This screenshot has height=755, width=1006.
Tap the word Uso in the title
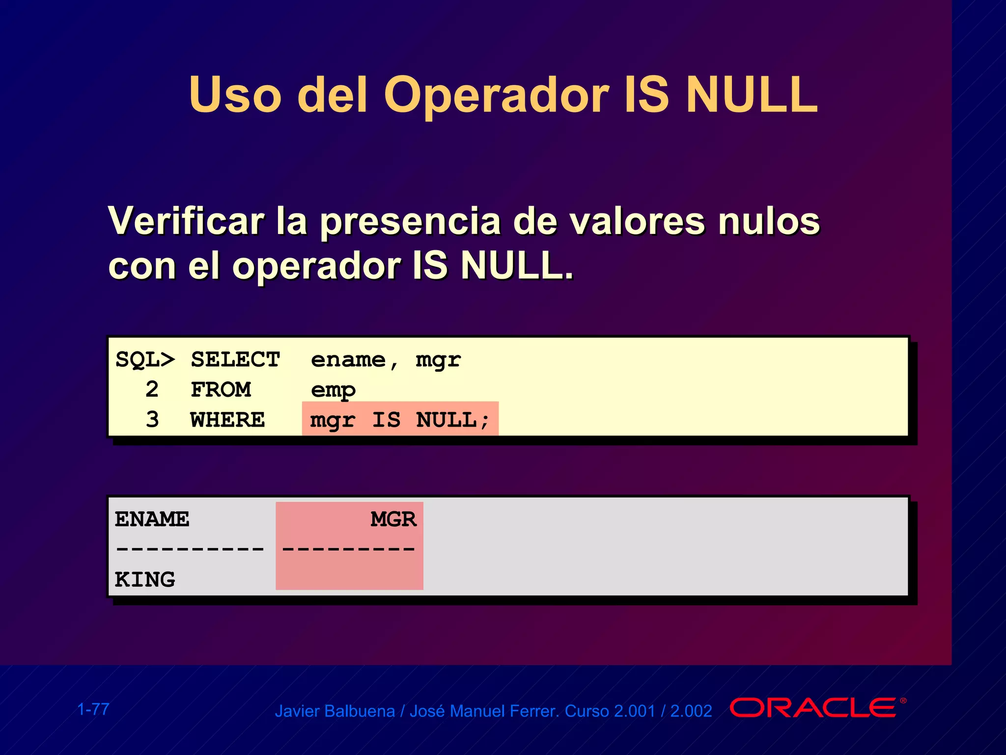(235, 95)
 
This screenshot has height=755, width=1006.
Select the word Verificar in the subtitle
(186, 221)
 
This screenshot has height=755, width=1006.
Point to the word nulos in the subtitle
(769, 221)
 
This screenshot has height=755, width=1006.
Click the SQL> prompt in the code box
(145, 360)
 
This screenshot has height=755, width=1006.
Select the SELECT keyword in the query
(235, 360)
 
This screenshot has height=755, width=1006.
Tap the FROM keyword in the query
(221, 390)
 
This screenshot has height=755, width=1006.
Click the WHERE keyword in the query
(227, 420)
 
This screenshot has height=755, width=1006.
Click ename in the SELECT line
(348, 360)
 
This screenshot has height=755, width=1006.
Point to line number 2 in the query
(152, 390)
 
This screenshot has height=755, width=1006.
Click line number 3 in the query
(152, 420)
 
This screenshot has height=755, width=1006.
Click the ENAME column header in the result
(152, 520)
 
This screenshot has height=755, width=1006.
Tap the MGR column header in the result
(393, 520)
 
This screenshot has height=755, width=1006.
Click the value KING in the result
(145, 580)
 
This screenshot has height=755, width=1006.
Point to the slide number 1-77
(93, 709)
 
